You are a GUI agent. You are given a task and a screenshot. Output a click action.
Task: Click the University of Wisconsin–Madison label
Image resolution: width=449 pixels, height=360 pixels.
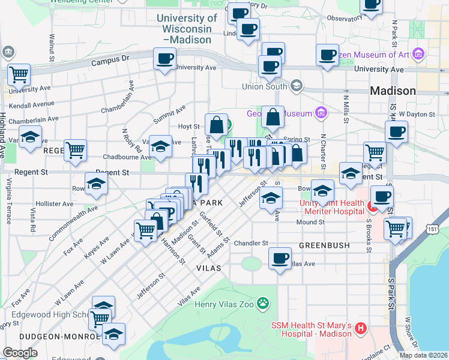coord(187,28)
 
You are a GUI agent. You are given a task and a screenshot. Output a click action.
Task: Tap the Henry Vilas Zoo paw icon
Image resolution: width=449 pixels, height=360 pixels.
coord(262,303)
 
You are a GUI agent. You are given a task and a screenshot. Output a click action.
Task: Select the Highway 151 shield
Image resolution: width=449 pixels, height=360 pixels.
coord(433,229)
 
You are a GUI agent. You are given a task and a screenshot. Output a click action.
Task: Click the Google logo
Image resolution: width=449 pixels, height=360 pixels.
coord(20,353)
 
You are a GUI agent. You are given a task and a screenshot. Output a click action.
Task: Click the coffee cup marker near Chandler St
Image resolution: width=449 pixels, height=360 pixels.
coord(279,258)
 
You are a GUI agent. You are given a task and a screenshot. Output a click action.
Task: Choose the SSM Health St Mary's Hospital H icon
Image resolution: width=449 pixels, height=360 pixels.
coord(360,328)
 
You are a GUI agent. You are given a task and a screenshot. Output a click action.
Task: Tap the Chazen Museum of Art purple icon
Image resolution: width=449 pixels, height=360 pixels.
coord(418,55)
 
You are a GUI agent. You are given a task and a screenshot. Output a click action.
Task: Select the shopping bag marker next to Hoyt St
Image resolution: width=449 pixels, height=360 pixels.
coord(216,125)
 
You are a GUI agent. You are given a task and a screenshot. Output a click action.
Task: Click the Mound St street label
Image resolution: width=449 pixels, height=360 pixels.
coord(310,222)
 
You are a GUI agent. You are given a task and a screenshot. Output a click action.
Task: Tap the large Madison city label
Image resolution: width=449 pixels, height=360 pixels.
coord(393,91)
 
